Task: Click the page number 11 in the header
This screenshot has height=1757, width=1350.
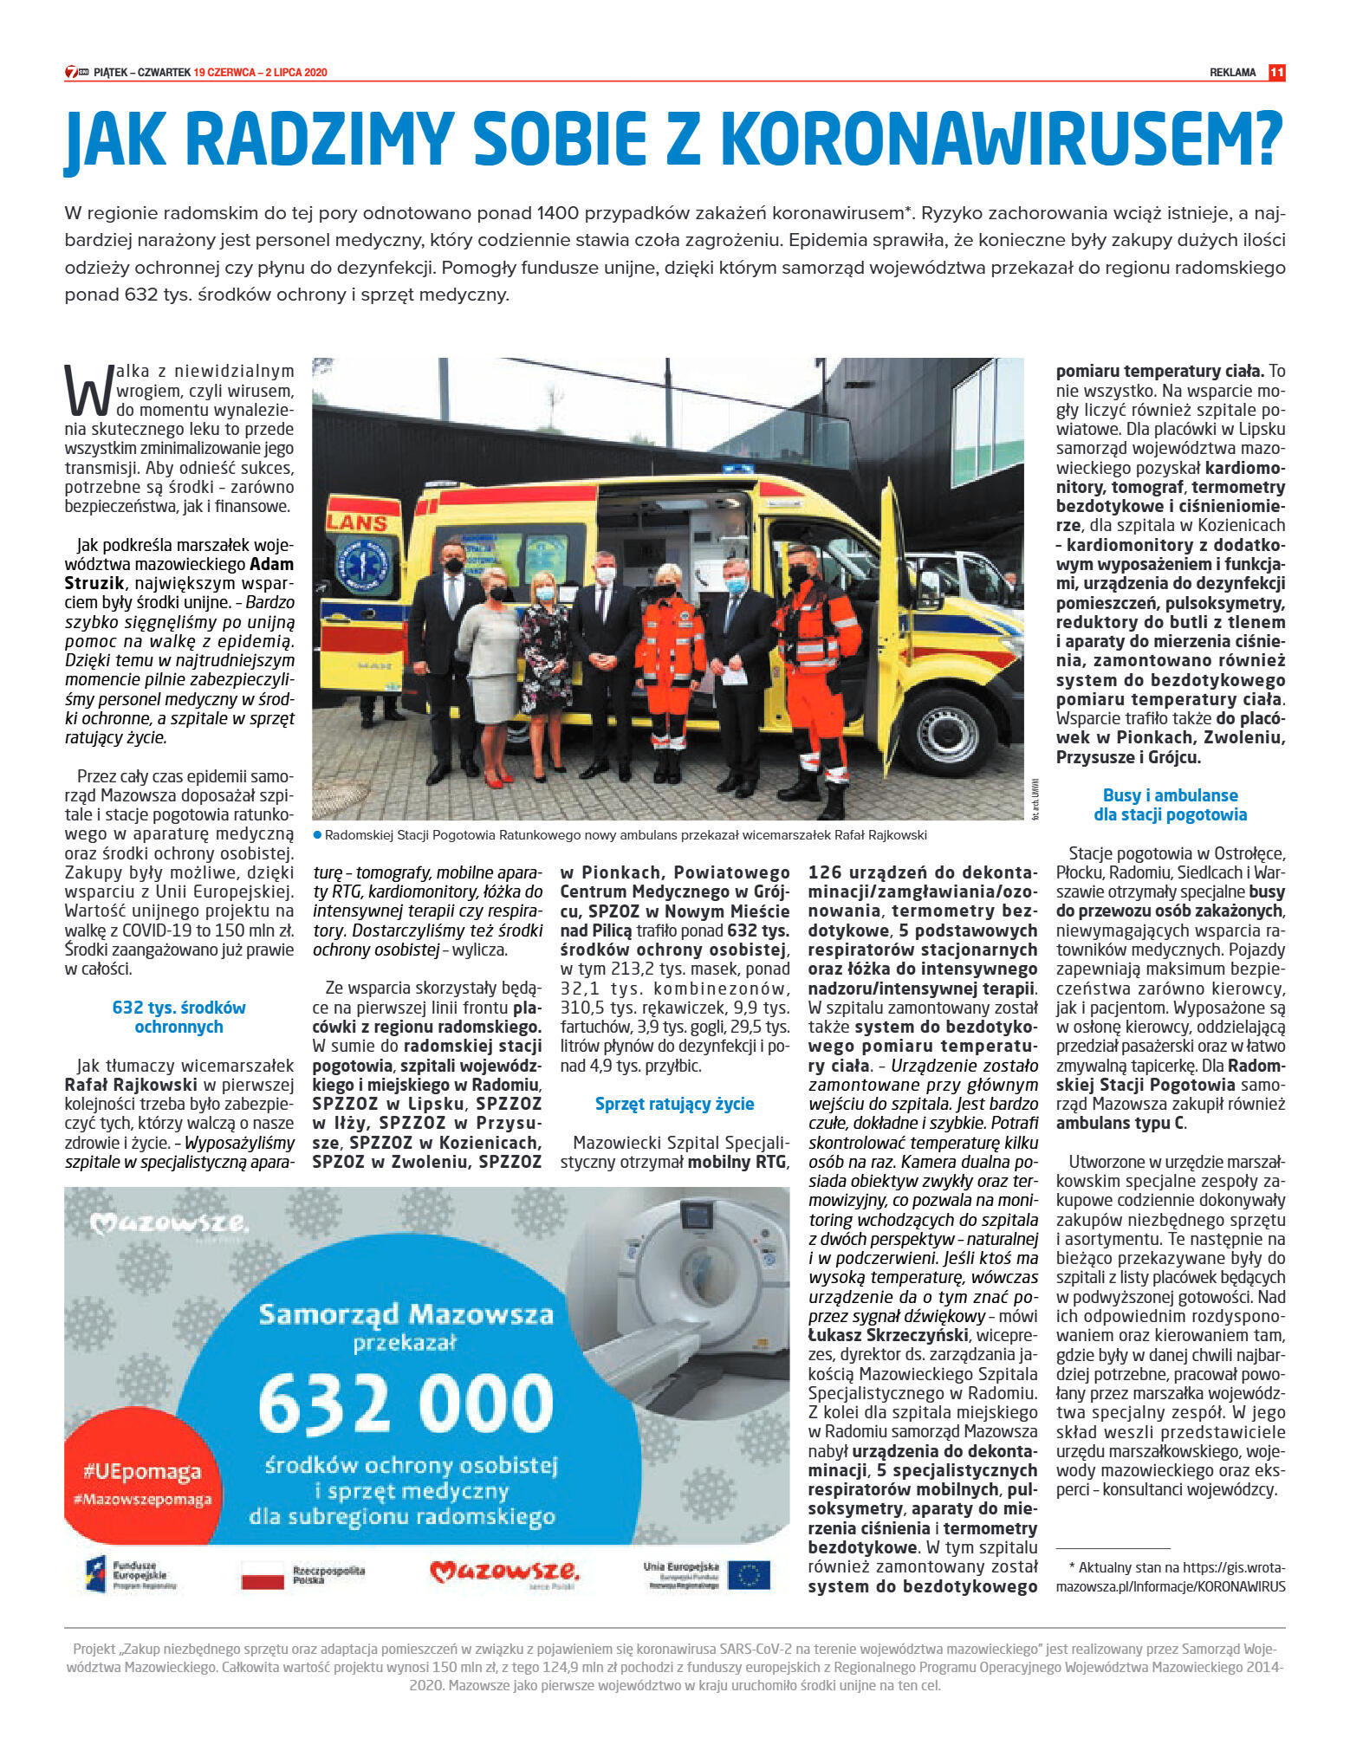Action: click(1276, 73)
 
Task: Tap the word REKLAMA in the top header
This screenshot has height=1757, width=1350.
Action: click(1232, 73)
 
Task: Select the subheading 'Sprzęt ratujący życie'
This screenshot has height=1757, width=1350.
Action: click(674, 1104)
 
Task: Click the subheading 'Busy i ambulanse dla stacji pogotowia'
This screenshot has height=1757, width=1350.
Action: click(1170, 805)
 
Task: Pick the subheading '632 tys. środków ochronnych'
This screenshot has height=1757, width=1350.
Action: click(178, 1017)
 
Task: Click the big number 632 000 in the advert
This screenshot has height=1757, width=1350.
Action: click(406, 1404)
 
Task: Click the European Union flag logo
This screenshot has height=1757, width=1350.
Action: click(749, 1575)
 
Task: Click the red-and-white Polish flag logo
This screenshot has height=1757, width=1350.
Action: click(263, 1576)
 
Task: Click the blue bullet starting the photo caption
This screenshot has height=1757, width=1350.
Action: click(317, 835)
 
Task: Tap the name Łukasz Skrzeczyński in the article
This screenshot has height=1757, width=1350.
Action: click(886, 1335)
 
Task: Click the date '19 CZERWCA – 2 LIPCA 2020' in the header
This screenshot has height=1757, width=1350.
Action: click(260, 73)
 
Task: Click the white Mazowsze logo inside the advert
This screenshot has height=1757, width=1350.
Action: click(170, 1224)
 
